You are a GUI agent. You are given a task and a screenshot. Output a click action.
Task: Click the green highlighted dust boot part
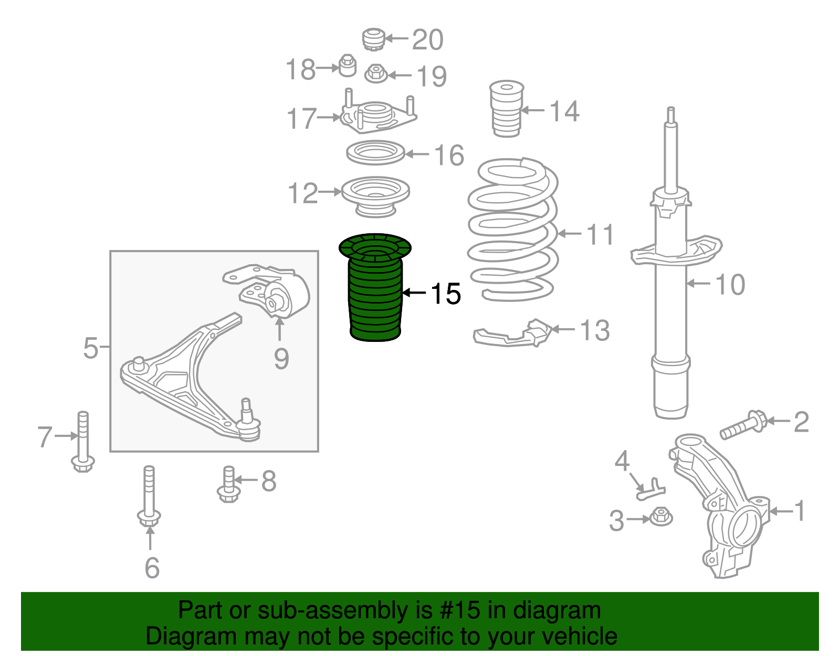pyautogui.click(x=375, y=294)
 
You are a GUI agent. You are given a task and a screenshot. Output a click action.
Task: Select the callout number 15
pyautogui.click(x=446, y=294)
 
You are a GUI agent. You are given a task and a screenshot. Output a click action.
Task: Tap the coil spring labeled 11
pyautogui.click(x=512, y=231)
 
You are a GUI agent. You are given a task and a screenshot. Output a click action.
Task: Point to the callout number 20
pyautogui.click(x=427, y=40)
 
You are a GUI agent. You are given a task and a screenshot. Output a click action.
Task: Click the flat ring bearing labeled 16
pyautogui.click(x=375, y=153)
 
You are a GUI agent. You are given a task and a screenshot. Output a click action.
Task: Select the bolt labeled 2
pyautogui.click(x=743, y=425)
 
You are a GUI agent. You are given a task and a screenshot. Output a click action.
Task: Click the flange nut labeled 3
pyautogui.click(x=661, y=517)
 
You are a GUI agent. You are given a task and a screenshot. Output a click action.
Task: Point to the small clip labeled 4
pyautogui.click(x=651, y=488)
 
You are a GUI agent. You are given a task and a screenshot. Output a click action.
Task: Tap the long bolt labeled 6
pyautogui.click(x=149, y=496)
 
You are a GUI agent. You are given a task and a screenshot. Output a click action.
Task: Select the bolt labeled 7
pyautogui.click(x=83, y=441)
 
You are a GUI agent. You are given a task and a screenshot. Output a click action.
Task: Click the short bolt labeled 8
pyautogui.click(x=228, y=484)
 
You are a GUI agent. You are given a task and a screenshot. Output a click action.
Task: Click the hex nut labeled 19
pyautogui.click(x=375, y=74)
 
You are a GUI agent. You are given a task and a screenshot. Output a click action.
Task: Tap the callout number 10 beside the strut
pyautogui.click(x=730, y=285)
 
